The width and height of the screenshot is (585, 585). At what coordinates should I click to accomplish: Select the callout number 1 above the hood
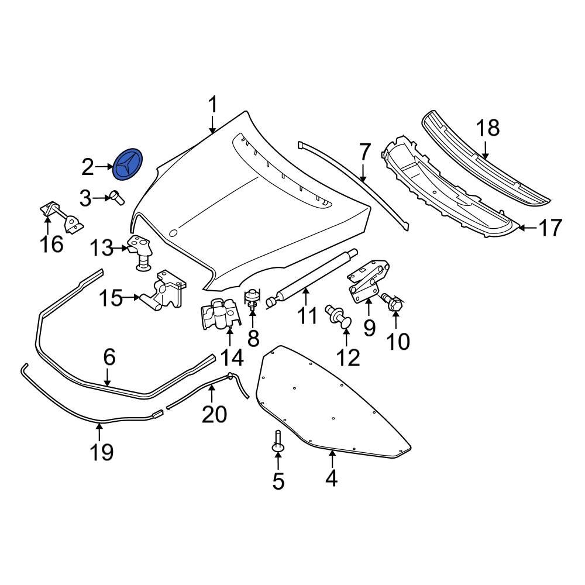pyautogui.click(x=212, y=106)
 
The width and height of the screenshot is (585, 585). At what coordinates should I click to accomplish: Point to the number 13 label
pyautogui.click(x=101, y=249)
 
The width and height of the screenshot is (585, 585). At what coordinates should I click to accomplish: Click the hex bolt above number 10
pyautogui.click(x=393, y=302)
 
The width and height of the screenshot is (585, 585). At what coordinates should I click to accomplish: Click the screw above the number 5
pyautogui.click(x=277, y=442)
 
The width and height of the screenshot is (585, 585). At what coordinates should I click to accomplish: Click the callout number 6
pyautogui.click(x=109, y=357)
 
